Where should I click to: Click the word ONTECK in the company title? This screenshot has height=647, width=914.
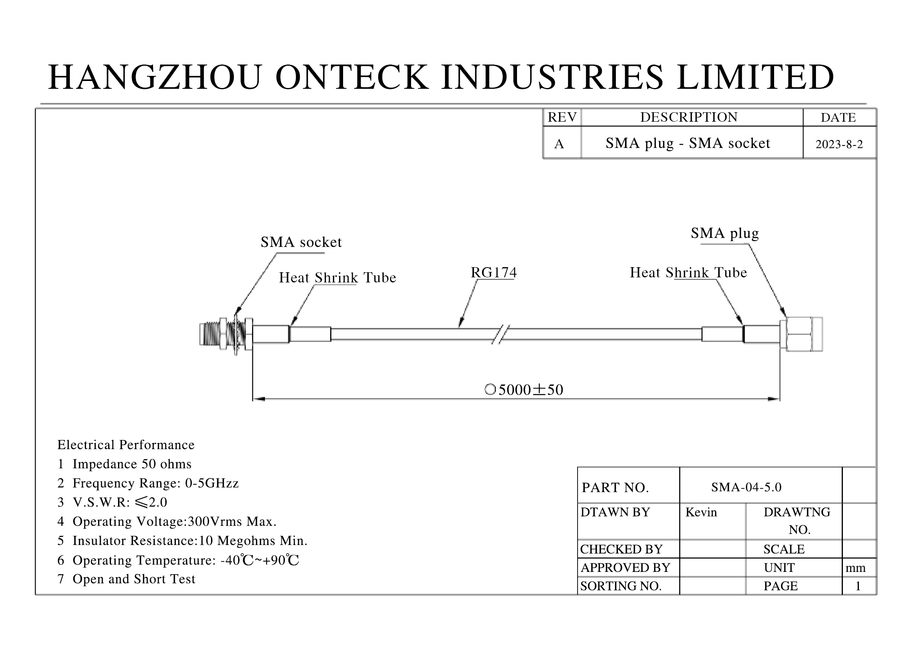tap(352, 77)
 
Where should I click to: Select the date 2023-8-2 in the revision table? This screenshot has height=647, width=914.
tap(839, 144)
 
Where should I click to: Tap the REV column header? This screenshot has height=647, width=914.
tap(562, 117)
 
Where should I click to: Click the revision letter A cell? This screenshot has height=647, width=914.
tap(559, 144)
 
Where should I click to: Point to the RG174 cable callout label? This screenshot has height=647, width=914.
tap(493, 273)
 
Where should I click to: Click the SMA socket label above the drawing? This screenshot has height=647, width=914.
tap(301, 242)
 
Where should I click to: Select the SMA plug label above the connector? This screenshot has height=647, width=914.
tap(724, 234)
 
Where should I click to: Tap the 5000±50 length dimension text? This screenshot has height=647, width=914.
tap(530, 390)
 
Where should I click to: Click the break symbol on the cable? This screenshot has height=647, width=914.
tap(501, 334)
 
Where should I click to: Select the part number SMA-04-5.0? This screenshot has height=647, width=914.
tap(746, 487)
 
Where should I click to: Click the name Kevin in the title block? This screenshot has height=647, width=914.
tap(701, 512)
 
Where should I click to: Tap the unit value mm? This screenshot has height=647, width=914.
tap(855, 568)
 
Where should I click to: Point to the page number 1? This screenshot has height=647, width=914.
tap(858, 586)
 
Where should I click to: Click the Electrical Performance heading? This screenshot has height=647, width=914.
tap(126, 445)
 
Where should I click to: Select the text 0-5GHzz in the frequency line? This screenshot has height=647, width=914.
tap(212, 483)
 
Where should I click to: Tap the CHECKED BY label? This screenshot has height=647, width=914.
tap(621, 549)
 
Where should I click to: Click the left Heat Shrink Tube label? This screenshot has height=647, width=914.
tap(337, 278)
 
